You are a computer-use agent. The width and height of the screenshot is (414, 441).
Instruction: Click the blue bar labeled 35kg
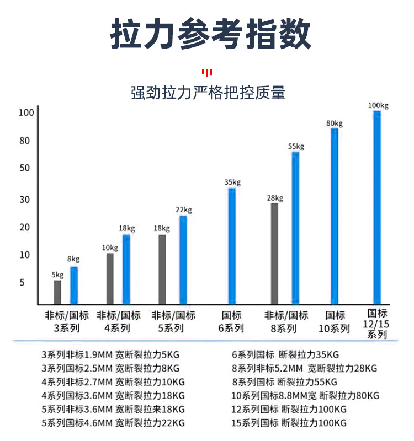[232, 246]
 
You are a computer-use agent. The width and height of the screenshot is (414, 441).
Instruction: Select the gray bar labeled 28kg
[274, 254]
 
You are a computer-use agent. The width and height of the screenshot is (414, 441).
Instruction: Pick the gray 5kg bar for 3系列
[57, 292]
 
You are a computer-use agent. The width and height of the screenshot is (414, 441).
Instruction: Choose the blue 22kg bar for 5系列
[183, 260]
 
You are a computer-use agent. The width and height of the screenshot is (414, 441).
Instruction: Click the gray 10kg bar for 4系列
[110, 278]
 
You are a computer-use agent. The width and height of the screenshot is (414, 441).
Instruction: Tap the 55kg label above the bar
[296, 146]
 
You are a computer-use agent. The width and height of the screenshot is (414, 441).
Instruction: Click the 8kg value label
[73, 259]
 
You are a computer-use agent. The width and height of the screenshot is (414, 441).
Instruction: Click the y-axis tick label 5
[23, 283]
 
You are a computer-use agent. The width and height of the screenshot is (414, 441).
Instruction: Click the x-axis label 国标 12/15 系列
[378, 322]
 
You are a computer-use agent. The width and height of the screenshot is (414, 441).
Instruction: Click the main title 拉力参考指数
[210, 34]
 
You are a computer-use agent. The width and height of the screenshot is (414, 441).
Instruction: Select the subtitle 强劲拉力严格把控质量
[208, 92]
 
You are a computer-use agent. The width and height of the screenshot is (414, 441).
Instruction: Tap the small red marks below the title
[207, 72]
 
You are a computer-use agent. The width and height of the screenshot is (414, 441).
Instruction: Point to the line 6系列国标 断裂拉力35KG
[285, 354]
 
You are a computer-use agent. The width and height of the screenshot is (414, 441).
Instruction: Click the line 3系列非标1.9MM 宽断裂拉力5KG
[114, 354]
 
